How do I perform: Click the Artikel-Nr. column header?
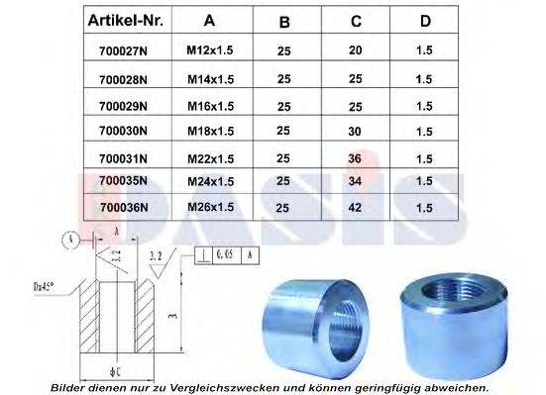click(x=124, y=21)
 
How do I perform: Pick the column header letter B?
click(x=284, y=21)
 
